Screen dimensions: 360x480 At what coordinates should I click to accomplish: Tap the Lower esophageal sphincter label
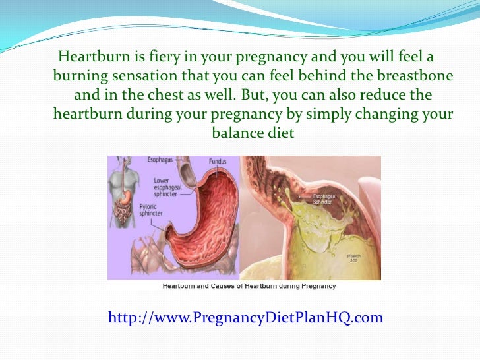pyautogui.click(x=169, y=187)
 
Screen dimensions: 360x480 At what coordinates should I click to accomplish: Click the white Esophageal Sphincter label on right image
pyautogui.click(x=313, y=198)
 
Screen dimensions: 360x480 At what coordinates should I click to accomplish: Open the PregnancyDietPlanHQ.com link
pyautogui.click(x=245, y=318)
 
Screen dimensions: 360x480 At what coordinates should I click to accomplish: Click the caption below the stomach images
pyautogui.click(x=249, y=286)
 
